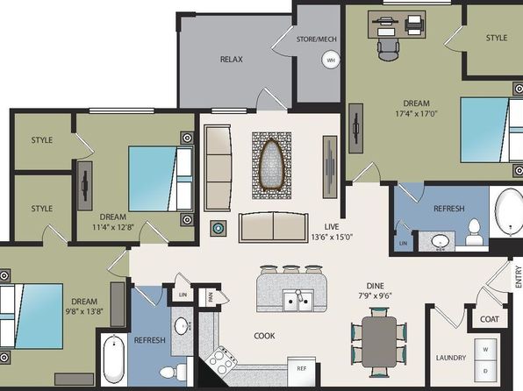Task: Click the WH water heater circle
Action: click(331, 60)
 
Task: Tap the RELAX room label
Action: click(231, 60)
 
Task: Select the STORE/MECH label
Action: click(317, 39)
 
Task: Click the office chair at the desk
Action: click(388, 49)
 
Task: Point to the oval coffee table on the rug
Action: click(271, 165)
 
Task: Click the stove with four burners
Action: click(221, 360)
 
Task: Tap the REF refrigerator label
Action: click(302, 368)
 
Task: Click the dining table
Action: click(379, 342)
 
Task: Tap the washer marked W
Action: click(485, 349)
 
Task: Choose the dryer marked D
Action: click(485, 371)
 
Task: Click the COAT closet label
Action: click(490, 319)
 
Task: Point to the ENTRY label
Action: click(518, 276)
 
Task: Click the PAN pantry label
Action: click(211, 297)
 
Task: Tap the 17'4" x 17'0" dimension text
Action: click(416, 113)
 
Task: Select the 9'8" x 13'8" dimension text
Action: click(84, 311)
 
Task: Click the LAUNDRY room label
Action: click(451, 358)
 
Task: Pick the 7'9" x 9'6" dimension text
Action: click(375, 295)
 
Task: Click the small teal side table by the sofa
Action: click(219, 228)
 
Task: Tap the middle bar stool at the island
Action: click(290, 268)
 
